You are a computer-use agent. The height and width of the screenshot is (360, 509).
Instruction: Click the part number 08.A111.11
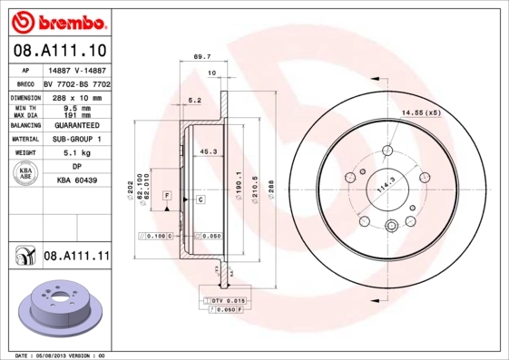click(x=76, y=257)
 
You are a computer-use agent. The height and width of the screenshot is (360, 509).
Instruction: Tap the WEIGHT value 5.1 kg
click(x=76, y=153)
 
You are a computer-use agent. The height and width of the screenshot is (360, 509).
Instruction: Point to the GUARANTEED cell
click(x=76, y=125)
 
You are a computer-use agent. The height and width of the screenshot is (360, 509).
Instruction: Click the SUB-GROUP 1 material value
click(x=76, y=139)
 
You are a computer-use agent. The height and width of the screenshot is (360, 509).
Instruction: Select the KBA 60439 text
click(x=76, y=181)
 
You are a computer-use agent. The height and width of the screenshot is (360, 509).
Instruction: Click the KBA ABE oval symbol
click(x=25, y=174)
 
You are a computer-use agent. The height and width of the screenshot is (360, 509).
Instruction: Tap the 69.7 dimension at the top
click(x=202, y=56)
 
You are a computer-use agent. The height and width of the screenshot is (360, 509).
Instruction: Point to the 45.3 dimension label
click(x=208, y=151)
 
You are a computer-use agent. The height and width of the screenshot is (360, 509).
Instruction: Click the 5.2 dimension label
click(x=193, y=101)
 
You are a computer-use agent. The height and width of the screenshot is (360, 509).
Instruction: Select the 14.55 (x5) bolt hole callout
click(x=421, y=112)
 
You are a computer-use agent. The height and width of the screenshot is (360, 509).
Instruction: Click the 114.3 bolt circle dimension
click(x=388, y=187)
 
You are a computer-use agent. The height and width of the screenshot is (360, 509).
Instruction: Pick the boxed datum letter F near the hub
click(x=167, y=196)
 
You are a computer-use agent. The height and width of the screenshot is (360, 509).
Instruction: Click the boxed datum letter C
click(x=200, y=197)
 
